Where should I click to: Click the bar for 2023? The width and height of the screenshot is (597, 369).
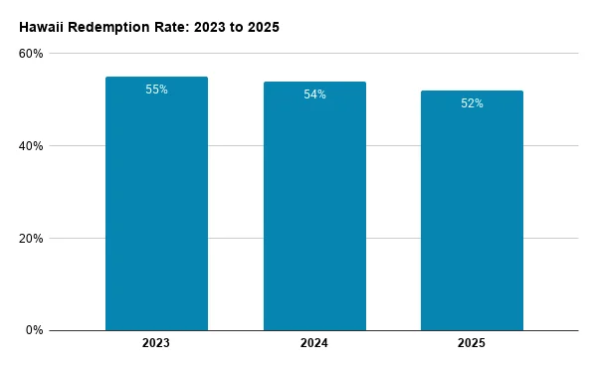click(156, 204)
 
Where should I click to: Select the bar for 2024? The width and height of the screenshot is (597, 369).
click(314, 206)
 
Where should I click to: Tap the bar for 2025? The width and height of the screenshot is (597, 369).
click(472, 211)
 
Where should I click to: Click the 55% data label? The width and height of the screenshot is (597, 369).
click(156, 90)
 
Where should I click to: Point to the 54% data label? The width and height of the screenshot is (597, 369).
click(314, 94)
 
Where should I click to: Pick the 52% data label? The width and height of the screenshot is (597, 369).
click(472, 103)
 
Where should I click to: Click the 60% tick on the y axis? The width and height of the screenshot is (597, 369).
click(31, 54)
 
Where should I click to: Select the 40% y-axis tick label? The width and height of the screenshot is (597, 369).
click(31, 146)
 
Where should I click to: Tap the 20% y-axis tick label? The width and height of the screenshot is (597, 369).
click(31, 239)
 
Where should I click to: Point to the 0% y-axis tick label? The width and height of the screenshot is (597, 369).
click(34, 330)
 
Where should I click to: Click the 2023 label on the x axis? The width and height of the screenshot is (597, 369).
click(156, 343)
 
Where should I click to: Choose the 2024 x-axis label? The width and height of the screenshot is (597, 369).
click(314, 343)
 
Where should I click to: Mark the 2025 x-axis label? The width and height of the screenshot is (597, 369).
click(472, 343)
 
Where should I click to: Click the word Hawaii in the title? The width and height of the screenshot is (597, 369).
click(42, 28)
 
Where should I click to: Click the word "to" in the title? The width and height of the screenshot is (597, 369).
click(237, 28)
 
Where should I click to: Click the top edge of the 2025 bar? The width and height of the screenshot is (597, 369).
click(472, 91)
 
